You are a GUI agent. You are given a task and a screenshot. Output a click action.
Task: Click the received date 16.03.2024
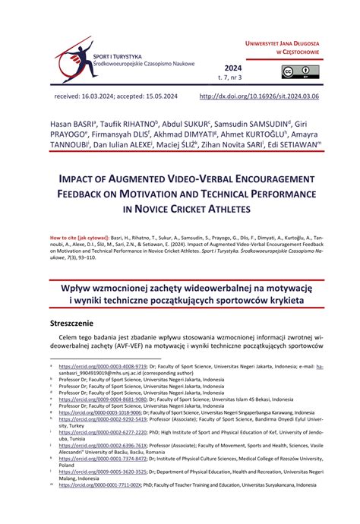[x=116, y=96]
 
